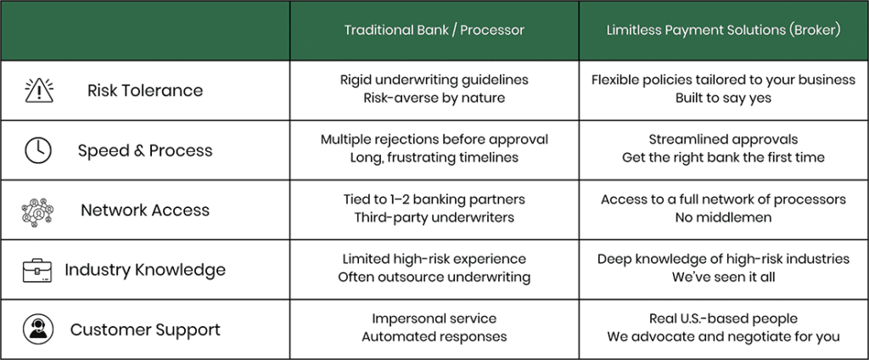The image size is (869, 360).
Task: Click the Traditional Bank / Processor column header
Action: [434, 30]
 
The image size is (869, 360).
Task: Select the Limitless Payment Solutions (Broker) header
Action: [723, 30]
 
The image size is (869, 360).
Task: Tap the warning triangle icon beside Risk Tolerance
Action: [39, 91]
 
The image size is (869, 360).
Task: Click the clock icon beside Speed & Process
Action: [38, 150]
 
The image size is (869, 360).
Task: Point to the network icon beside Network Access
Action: [37, 211]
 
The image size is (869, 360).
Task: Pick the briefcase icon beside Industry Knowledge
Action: [37, 270]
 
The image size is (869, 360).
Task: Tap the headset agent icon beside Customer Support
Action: [38, 329]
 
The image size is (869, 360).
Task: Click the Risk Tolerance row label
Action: [145, 90]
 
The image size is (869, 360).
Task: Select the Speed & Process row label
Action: [145, 150]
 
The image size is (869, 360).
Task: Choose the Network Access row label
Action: [145, 211]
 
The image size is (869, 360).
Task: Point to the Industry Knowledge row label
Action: [145, 270]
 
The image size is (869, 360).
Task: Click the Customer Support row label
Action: [145, 329]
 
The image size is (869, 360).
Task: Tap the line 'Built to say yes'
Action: [723, 98]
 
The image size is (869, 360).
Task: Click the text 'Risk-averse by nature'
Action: [434, 98]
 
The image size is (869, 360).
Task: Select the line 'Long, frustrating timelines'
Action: [434, 158]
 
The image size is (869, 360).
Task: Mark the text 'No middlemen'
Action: [723, 217]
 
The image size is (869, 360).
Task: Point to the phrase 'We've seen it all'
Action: [723, 277]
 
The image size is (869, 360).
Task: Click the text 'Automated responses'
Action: [434, 337]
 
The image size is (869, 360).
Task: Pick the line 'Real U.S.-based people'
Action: [723, 319]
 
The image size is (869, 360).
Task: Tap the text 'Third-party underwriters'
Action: [434, 217]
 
